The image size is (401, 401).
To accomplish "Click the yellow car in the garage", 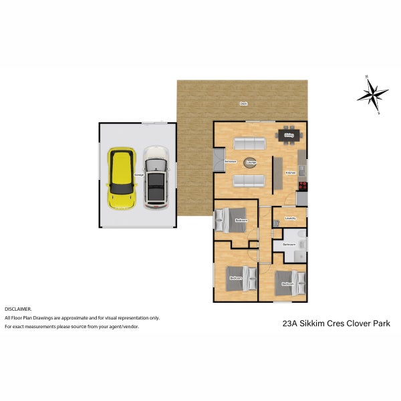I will (121, 176).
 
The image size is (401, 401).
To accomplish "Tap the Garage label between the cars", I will (139, 174).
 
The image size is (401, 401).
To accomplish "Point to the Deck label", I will (244, 104).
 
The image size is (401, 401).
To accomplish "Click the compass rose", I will (372, 94).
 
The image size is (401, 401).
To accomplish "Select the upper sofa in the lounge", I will (249, 143).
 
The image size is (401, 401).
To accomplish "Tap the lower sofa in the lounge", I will (249, 180).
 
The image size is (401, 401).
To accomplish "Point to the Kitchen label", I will (290, 173).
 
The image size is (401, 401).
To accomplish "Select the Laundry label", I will (290, 218).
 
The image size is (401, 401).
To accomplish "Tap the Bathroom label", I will (289, 245).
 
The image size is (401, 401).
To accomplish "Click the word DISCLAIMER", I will (18, 309).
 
